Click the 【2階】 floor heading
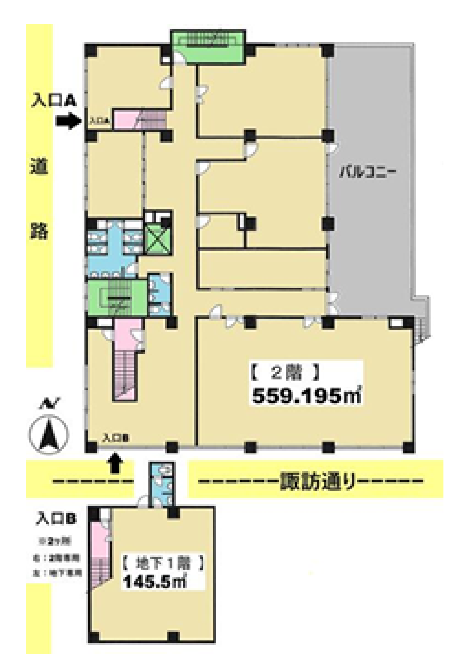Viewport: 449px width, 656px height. click(284, 374)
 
